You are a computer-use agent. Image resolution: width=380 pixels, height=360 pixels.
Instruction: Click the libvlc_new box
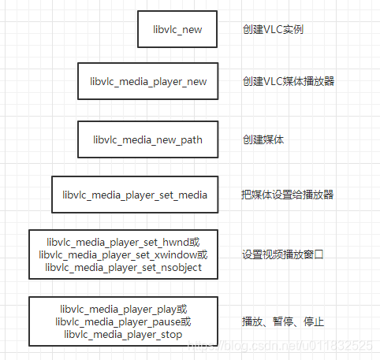click(177, 30)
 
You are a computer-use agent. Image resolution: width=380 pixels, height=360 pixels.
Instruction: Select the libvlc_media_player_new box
click(147, 81)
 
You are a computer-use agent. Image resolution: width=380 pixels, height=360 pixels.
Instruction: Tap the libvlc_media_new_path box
click(147, 139)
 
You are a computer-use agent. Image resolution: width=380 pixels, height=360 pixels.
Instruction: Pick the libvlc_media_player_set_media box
click(135, 194)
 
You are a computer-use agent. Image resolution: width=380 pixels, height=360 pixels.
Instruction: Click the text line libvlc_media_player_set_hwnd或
click(124, 242)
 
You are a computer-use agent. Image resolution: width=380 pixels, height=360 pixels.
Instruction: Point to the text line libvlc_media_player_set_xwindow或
click(124, 254)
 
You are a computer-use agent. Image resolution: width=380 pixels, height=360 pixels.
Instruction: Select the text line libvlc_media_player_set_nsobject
click(124, 268)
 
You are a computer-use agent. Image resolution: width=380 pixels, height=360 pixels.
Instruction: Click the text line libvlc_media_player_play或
click(124, 309)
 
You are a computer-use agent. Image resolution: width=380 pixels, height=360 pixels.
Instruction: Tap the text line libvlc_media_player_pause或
click(124, 321)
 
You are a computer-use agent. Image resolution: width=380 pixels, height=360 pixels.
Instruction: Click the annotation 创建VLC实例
click(273, 30)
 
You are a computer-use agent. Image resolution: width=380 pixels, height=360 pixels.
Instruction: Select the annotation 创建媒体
click(263, 139)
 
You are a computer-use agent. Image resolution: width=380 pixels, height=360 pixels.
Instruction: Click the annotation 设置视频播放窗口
click(283, 254)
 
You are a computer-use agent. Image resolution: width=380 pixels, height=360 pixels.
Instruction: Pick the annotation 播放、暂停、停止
click(283, 321)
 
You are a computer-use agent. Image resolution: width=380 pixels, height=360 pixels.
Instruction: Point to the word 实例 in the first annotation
click(293, 30)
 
